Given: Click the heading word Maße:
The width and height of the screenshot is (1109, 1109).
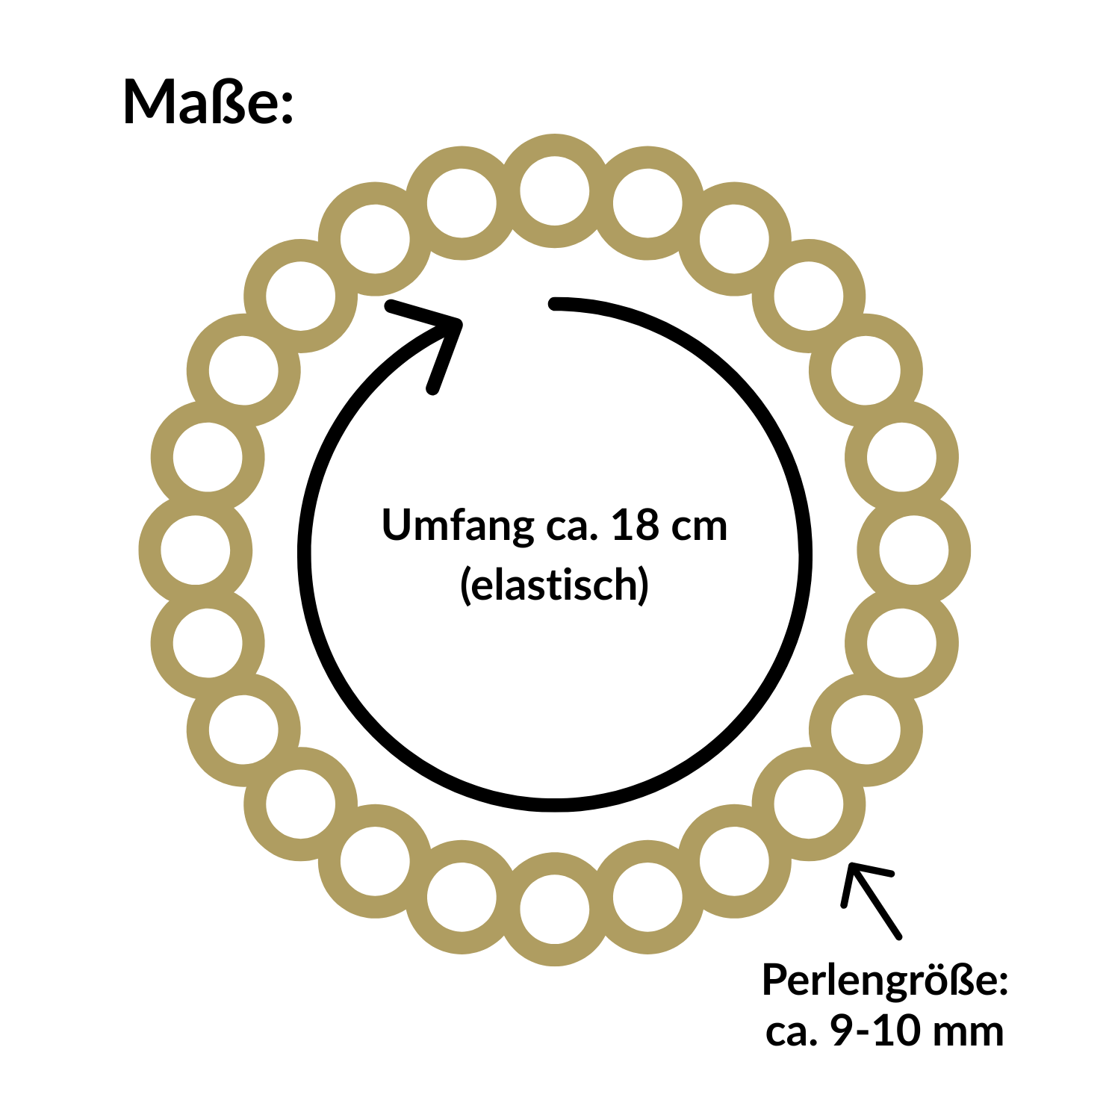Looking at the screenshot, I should pos(208,102).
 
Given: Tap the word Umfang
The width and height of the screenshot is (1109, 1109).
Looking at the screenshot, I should pos(456,525).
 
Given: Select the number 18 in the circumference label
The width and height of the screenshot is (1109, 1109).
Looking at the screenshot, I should pos(635,525).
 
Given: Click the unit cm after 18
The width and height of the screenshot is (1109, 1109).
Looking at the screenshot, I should pos(699,526).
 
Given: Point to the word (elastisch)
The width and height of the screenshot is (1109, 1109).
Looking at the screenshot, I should pos(554,584).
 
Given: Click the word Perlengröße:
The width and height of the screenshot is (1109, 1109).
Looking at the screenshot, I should pos(885,980).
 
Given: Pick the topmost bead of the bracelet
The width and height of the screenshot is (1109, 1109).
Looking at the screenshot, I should pos(554,191).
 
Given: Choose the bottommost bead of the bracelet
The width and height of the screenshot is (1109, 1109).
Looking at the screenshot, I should pos(554,910).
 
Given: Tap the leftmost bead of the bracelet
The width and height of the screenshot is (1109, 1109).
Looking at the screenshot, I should pos(196,550).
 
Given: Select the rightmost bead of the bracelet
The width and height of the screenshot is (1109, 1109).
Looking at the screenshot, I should pos(913,550).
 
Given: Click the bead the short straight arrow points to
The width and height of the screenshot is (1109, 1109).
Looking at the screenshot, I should pos(809,804).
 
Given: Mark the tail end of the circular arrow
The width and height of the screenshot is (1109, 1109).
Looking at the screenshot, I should pos(554,303).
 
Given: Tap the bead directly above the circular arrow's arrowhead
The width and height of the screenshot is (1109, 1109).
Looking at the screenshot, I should pos(375,240).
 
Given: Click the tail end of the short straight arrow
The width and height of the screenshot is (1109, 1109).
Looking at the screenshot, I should pos(898,934).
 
